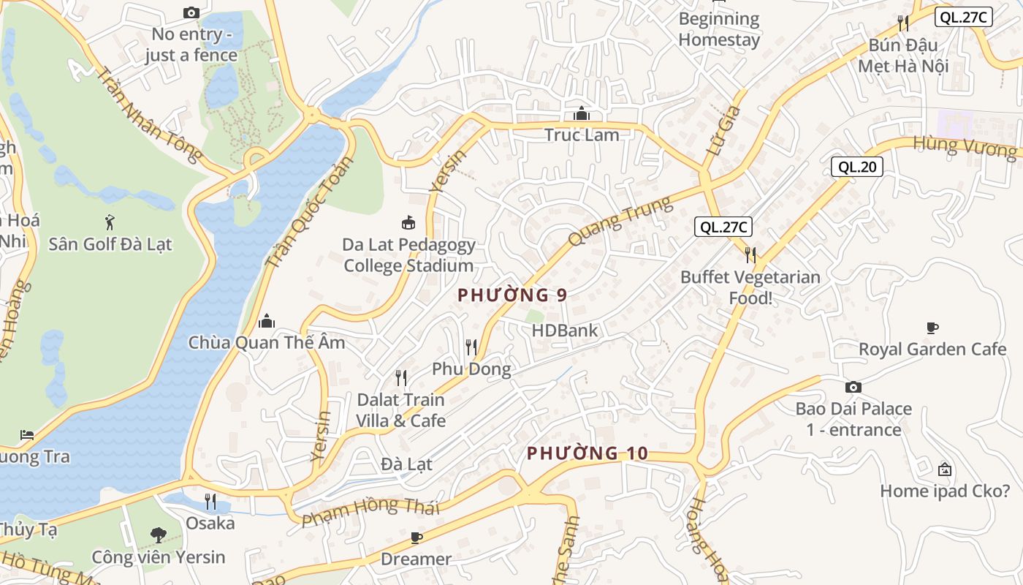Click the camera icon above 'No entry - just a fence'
[x=191, y=12]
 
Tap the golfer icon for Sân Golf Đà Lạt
[x=110, y=222]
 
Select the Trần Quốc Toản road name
[x=308, y=213]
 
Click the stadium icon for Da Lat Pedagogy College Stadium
[x=408, y=222]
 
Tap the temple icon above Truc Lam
[x=582, y=113]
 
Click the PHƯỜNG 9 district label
[x=512, y=295]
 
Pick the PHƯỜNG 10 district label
[x=587, y=453]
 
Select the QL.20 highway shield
[x=857, y=167]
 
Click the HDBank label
[x=564, y=331]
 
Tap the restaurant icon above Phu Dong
[x=471, y=347]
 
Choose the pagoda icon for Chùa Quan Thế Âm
[x=267, y=320]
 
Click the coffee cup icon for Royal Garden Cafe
[x=932, y=328]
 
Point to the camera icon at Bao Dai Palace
[x=853, y=387]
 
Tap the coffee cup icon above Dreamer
[x=417, y=538]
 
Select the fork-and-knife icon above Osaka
[x=210, y=502]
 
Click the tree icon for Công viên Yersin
[x=158, y=535]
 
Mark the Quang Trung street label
[x=619, y=222]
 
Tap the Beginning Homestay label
[x=719, y=29]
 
